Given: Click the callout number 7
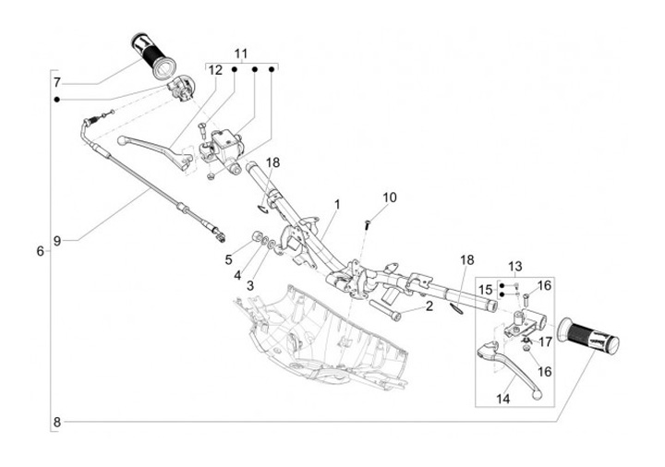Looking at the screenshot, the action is point(57,82).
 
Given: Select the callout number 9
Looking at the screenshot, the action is point(57,241).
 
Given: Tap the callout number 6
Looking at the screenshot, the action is point(41,251).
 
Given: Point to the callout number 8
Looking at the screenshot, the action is point(57,422).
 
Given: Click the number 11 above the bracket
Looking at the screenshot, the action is point(240,54).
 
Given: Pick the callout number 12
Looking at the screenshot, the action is point(216,70).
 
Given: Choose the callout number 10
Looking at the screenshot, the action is point(390,198).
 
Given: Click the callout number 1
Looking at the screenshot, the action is point(337,205).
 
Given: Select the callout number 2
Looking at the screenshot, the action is point(429,306).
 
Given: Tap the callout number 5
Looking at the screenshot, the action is point(229,259).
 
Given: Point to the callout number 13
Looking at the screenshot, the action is point(515,267).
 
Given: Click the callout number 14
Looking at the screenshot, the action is point(503,399).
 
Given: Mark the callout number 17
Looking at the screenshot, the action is point(545,341).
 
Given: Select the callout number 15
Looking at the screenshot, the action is point(486,290).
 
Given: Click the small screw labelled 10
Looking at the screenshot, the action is point(367,223).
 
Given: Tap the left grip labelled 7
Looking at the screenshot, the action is point(153,56).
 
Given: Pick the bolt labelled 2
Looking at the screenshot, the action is point(385,310).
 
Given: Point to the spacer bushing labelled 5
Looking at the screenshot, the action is point(257,236).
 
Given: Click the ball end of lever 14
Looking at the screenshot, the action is point(537,395).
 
